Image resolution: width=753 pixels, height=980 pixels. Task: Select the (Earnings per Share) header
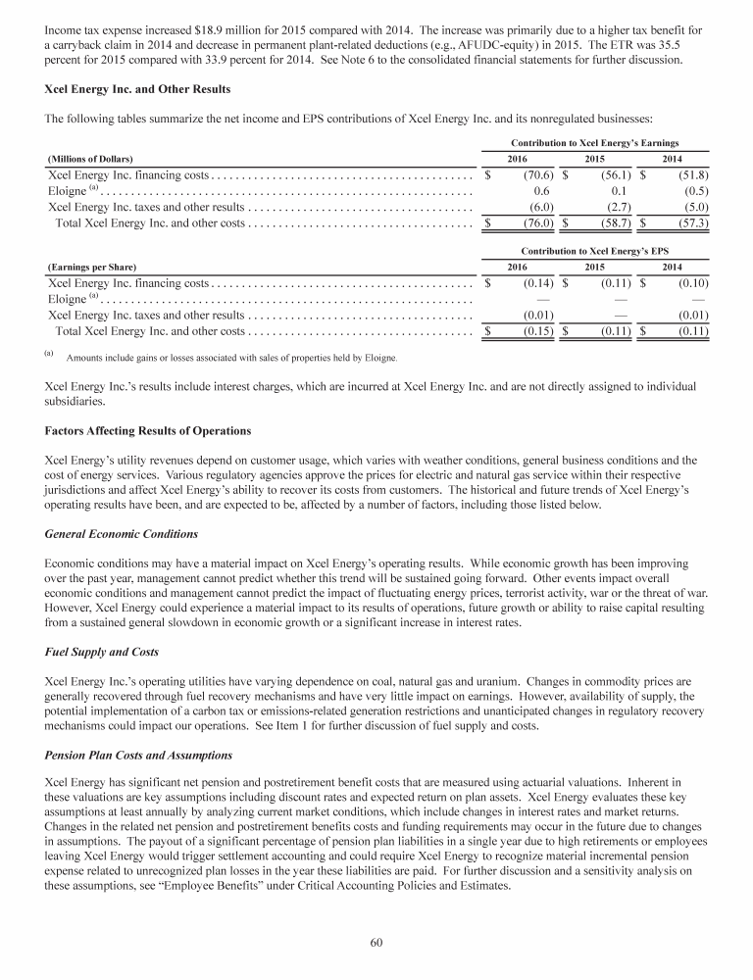[x=92, y=267]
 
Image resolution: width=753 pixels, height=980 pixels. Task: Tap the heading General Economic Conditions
[x=122, y=534]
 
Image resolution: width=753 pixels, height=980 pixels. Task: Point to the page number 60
[x=376, y=943]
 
